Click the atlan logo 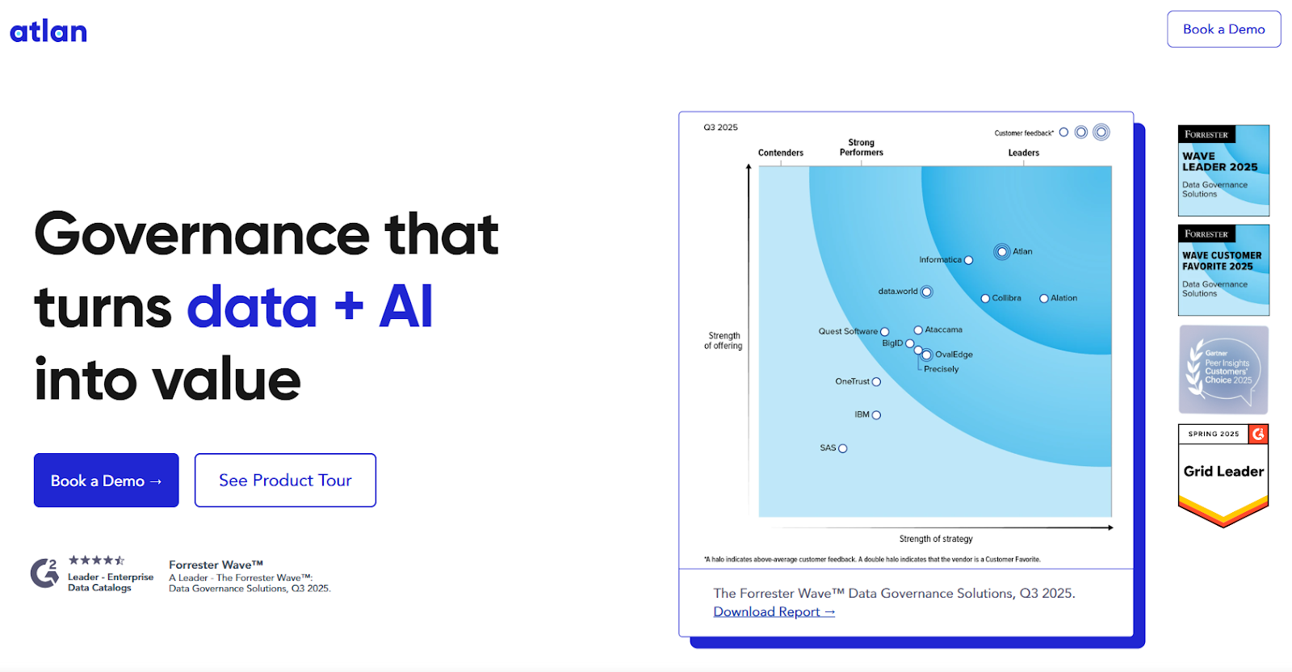tap(48, 31)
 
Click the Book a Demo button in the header tap(1223, 29)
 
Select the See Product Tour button tap(285, 481)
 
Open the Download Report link tap(774, 612)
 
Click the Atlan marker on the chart tap(1002, 252)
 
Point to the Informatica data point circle tap(968, 260)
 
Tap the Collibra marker tap(985, 299)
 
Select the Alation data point tap(1044, 299)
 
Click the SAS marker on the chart tap(843, 448)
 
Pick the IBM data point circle tap(876, 415)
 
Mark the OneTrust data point tap(876, 382)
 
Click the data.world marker tap(927, 292)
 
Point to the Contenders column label tap(780, 153)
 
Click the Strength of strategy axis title tap(936, 539)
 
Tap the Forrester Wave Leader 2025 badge tap(1223, 170)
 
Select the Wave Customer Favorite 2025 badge tap(1223, 270)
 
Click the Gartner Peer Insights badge tap(1223, 370)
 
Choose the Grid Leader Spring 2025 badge tap(1223, 475)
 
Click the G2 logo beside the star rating tap(45, 573)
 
